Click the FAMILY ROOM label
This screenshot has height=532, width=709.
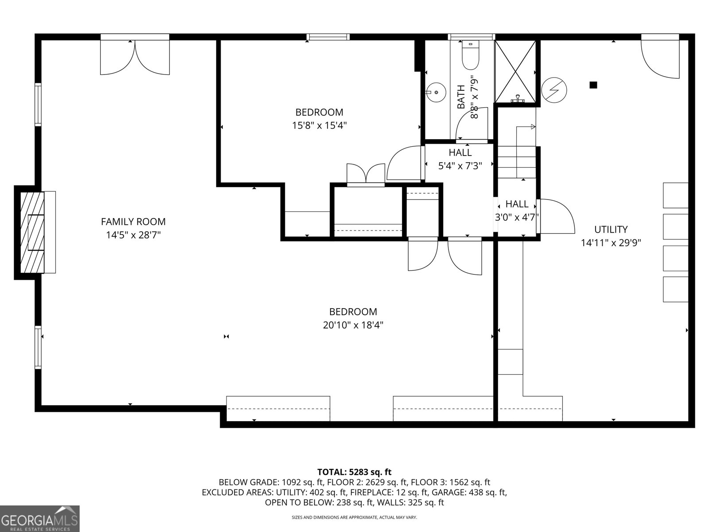133,221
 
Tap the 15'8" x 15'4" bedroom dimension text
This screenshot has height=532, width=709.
319,125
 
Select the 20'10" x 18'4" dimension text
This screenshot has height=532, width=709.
353,325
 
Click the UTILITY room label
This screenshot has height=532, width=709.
611,229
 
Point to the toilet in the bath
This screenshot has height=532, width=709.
470,55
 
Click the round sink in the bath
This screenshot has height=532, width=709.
436,92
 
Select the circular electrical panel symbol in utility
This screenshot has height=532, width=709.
554,89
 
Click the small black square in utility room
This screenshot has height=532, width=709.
593,85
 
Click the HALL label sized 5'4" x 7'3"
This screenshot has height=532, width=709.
460,153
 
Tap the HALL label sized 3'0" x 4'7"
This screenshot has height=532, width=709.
517,204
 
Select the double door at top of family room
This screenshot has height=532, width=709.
135,57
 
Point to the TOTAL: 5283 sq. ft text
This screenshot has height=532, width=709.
354,472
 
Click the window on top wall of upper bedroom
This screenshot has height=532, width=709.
328,37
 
